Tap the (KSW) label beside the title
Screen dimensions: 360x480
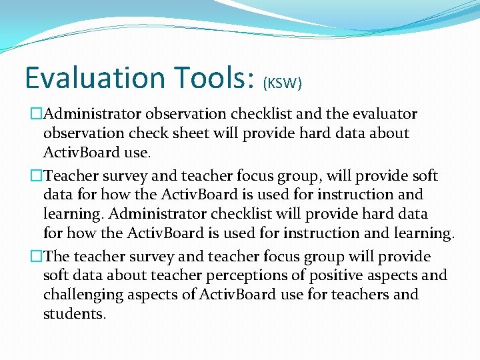pyautogui.click(x=283, y=83)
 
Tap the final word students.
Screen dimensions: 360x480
pyautogui.click(x=74, y=313)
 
